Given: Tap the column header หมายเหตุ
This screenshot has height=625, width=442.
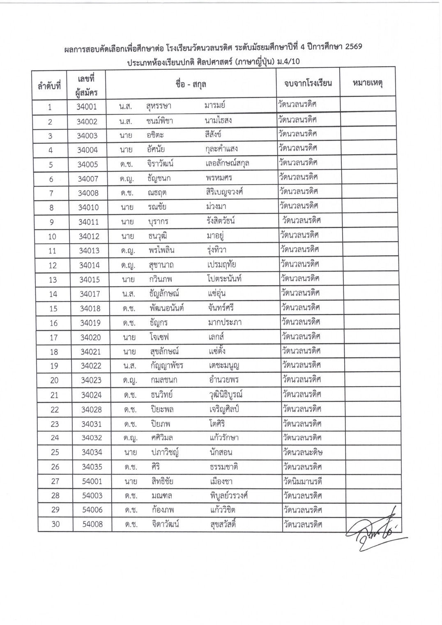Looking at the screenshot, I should (367, 83).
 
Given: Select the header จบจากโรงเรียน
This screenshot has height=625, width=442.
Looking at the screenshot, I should (308, 83).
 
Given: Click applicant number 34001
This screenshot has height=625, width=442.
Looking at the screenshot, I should (87, 107).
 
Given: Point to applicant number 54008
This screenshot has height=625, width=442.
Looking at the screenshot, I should (92, 524).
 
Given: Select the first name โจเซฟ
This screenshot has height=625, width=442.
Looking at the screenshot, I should (159, 337).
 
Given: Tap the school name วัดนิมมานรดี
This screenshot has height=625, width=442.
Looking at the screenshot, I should (302, 481).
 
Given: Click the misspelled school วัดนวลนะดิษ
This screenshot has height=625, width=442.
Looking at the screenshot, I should (302, 452).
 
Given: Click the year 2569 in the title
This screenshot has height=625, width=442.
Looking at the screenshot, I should (353, 46).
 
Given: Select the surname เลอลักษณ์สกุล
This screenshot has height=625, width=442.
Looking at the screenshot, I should (227, 164).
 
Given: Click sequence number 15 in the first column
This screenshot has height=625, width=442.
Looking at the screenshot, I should (53, 309).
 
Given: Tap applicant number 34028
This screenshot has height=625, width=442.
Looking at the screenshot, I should (91, 409).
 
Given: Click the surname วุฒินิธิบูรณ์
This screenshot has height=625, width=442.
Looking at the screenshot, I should (226, 394).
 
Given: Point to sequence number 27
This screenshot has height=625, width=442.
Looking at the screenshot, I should (55, 481).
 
